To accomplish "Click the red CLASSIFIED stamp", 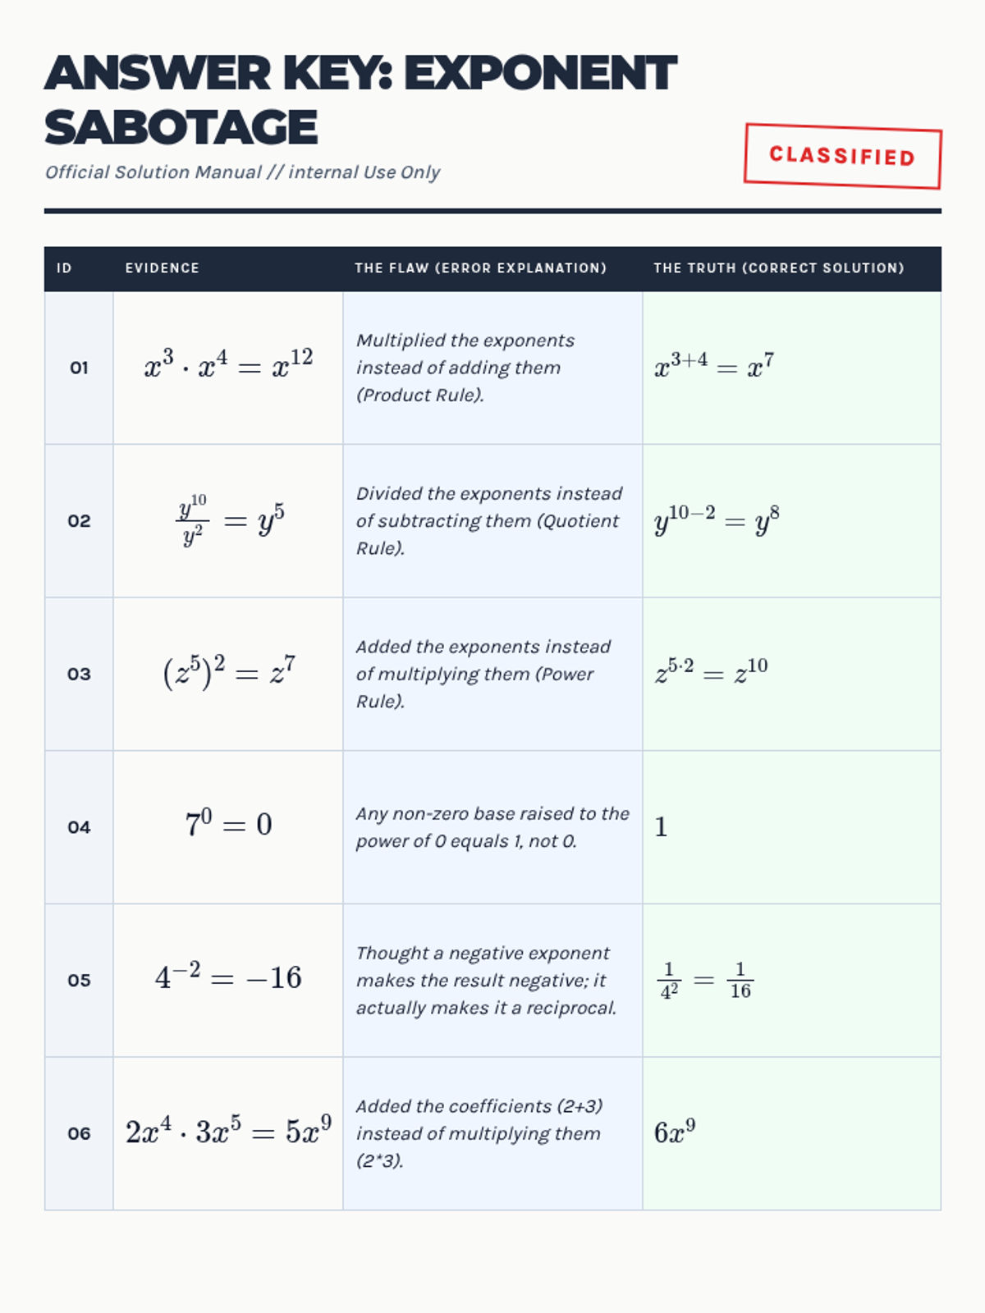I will click(842, 156).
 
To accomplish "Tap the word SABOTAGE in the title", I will click(181, 128).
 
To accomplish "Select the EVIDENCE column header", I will click(162, 268).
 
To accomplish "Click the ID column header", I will click(64, 268).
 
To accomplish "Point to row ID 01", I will click(79, 368).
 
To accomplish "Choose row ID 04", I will click(79, 827).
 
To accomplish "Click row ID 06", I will click(79, 1133).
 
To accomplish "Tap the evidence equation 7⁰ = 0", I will click(228, 823).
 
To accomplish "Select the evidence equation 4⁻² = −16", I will click(228, 977).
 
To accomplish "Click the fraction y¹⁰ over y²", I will click(192, 519).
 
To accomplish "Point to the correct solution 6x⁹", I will click(675, 1132).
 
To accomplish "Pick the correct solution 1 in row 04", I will click(661, 826).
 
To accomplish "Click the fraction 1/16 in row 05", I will click(740, 981).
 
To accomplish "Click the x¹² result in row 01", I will click(293, 364).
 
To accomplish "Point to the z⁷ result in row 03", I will click(282, 670).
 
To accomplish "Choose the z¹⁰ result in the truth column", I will click(750, 671).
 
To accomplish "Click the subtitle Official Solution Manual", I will click(153, 172).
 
